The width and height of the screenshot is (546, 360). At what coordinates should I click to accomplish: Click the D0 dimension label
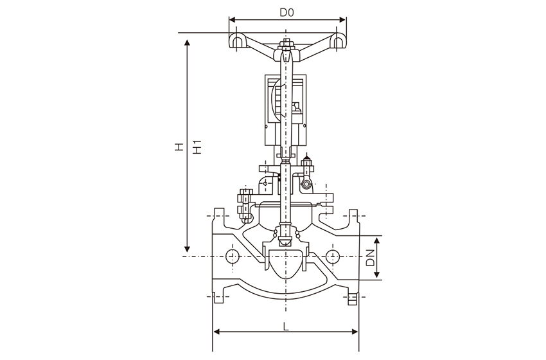coord(286,12)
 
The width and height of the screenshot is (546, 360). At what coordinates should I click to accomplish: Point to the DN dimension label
coord(370,258)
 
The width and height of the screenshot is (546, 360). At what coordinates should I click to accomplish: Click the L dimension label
coord(286,326)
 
